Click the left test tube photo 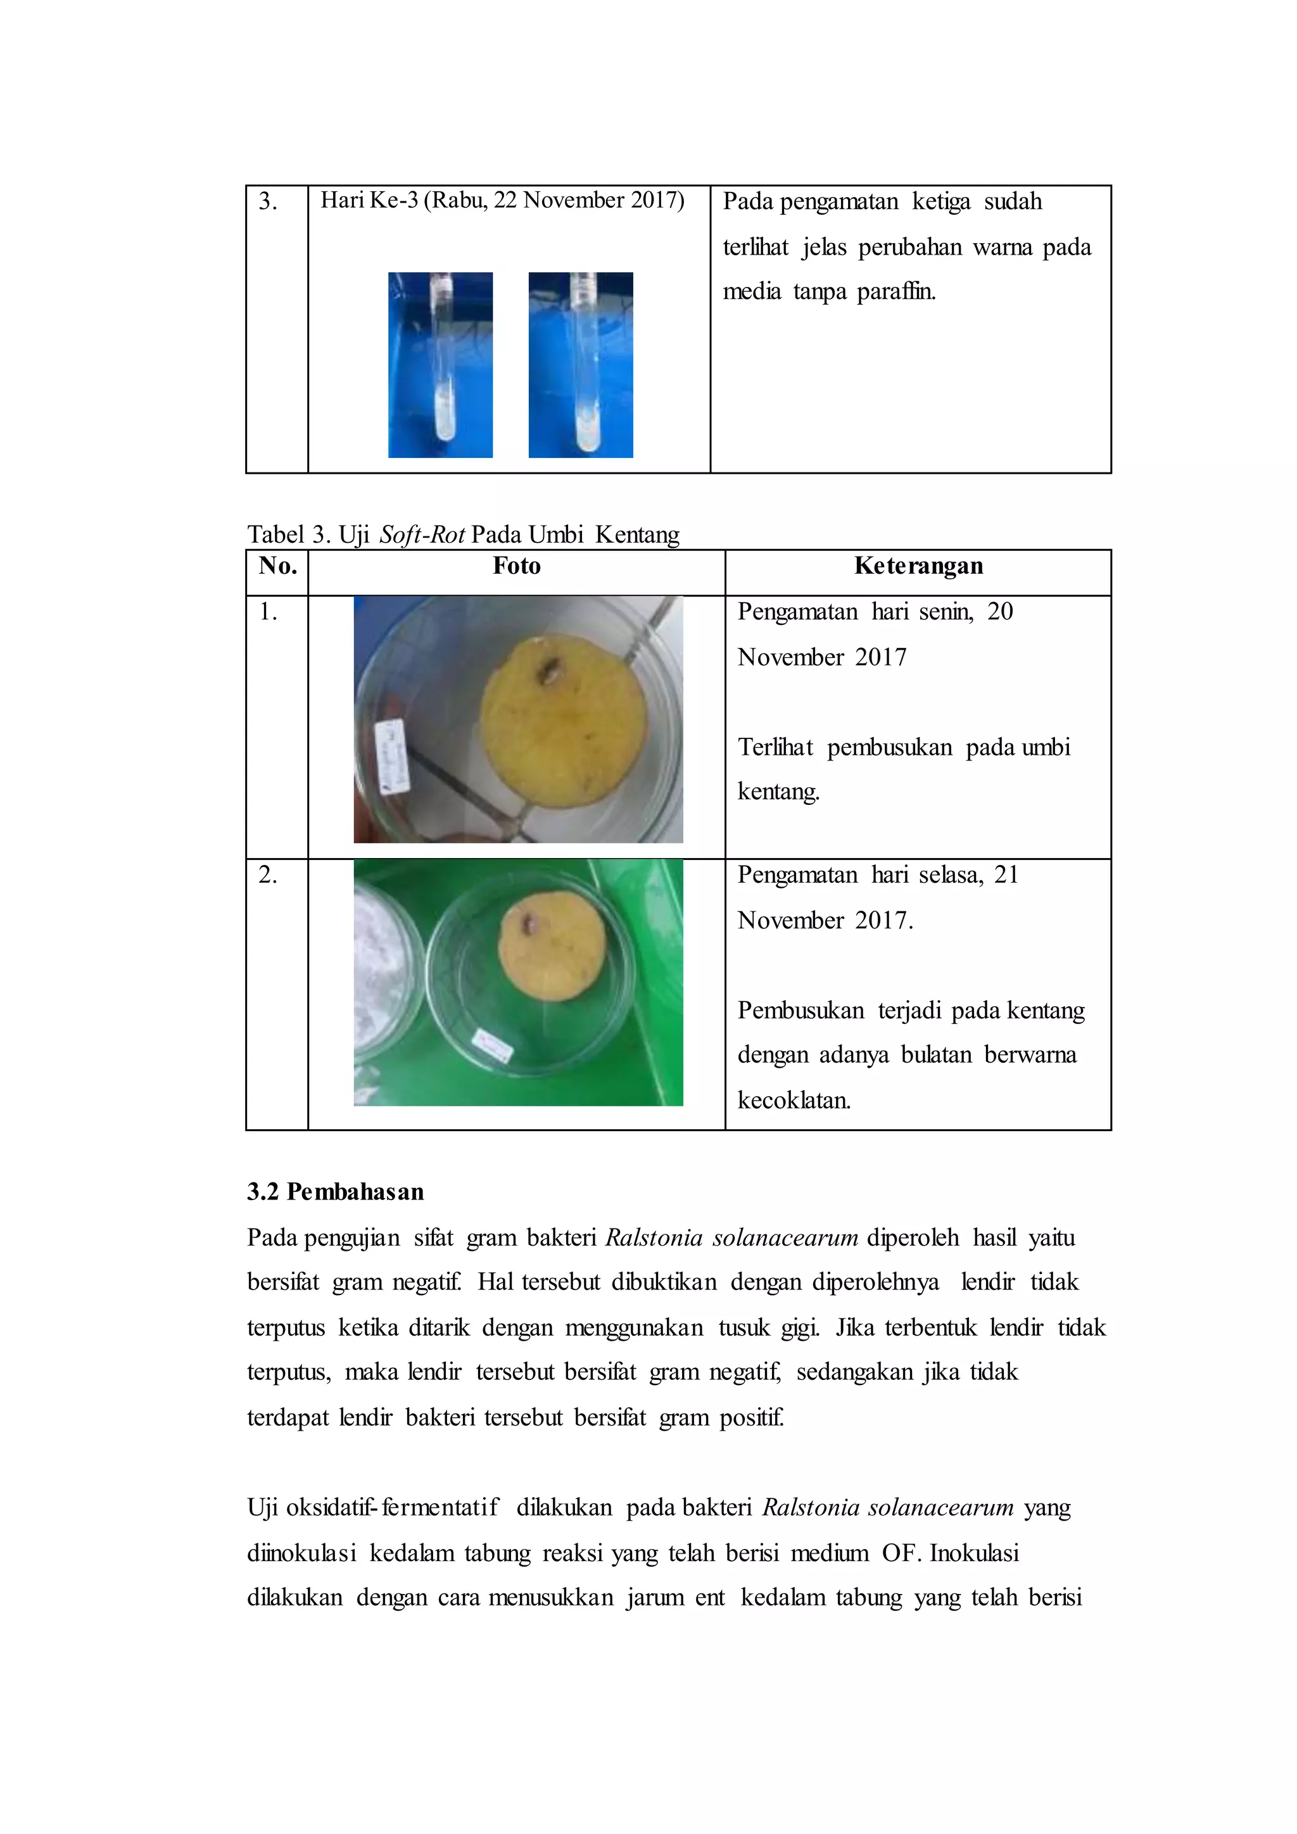440,365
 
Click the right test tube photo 581,365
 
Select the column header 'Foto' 517,566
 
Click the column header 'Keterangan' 918,566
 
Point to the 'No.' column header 278,566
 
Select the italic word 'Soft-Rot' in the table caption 422,534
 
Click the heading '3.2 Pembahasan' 336,1192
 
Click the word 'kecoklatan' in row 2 794,1101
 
